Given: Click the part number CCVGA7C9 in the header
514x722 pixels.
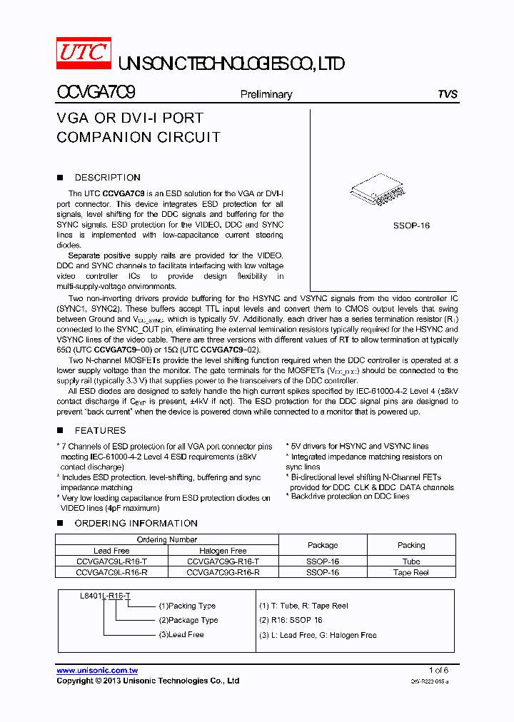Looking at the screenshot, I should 96,93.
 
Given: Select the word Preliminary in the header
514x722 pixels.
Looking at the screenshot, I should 266,94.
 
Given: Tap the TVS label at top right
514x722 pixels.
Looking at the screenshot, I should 448,94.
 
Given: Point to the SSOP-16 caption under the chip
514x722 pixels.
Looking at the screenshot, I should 411,225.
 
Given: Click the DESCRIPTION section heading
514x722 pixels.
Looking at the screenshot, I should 107,178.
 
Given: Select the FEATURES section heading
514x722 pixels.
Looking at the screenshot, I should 100,431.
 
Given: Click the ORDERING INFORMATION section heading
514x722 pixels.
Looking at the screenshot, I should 136,524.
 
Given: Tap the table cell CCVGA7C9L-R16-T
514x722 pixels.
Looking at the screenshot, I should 111,561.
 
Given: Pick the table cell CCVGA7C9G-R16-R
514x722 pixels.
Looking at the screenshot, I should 223,572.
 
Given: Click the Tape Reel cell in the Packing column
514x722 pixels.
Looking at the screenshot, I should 410,572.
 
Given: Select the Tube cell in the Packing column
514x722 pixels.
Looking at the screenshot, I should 410,561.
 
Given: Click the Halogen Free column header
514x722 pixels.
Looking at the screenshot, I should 223,551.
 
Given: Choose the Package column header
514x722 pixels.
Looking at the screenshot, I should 323,545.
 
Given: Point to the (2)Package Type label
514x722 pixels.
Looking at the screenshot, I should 188,620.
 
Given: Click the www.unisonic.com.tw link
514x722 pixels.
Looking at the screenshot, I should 97,671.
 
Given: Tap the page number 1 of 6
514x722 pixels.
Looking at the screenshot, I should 438,671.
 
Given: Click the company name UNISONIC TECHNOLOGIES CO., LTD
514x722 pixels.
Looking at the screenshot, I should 231,64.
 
